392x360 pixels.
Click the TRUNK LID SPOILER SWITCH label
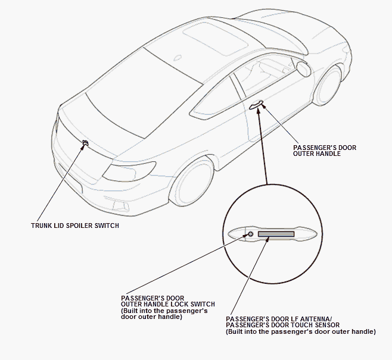click(x=75, y=226)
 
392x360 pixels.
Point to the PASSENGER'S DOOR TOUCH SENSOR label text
click(x=283, y=325)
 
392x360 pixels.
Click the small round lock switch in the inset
click(x=251, y=234)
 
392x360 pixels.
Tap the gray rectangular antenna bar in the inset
click(x=276, y=234)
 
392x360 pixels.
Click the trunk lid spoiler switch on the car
click(x=85, y=143)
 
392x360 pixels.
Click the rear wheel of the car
click(x=191, y=182)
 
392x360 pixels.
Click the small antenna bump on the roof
click(x=178, y=58)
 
